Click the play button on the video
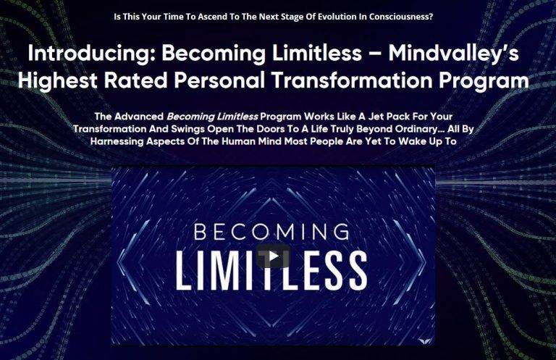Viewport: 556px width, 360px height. [273, 256]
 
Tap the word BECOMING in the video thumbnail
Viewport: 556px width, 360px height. [271, 232]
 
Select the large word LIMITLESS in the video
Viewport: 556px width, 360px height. [271, 269]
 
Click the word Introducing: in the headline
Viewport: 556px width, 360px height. [92, 53]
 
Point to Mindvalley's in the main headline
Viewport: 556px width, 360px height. [453, 54]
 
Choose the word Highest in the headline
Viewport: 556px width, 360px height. [57, 81]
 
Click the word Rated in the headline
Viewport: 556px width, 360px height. [135, 80]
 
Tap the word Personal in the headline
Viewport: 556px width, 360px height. [219, 80]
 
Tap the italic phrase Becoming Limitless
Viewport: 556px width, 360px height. [212, 117]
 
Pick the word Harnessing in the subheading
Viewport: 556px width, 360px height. [117, 141]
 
